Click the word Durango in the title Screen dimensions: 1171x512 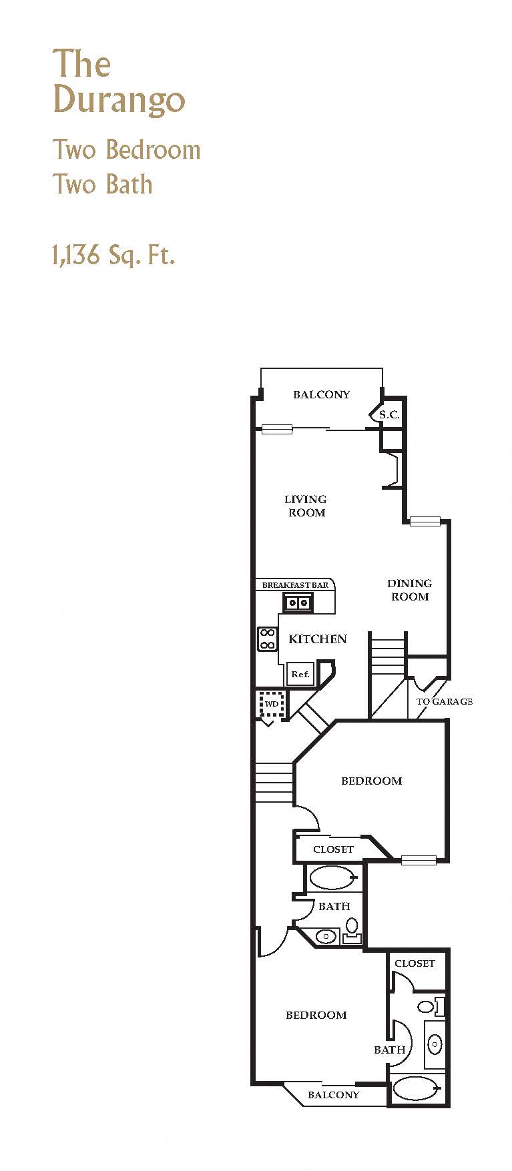tap(119, 100)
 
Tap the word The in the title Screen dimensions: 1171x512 tap(81, 64)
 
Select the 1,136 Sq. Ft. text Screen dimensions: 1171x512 tap(113, 255)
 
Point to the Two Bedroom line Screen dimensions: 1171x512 tap(126, 149)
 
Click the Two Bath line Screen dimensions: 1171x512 tap(102, 184)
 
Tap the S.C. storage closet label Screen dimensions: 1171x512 tap(389, 414)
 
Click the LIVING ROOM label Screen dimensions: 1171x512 tap(306, 506)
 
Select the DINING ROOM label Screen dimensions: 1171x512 tap(409, 590)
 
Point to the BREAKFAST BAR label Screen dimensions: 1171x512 tap(295, 585)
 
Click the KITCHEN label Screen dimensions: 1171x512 tap(317, 639)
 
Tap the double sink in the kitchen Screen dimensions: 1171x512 tap(298, 603)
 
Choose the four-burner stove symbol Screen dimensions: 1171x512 tap(267, 639)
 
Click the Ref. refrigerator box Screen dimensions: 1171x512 tap(300, 674)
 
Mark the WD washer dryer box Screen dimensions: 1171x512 tap(272, 704)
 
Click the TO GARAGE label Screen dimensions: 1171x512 tap(444, 701)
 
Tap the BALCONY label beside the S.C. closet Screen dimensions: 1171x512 tap(321, 394)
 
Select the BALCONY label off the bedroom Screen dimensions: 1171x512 tap(333, 1095)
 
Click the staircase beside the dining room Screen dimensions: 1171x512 tap(388, 657)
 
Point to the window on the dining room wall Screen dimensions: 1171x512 tap(425, 521)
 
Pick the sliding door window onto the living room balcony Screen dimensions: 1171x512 tap(277, 430)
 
